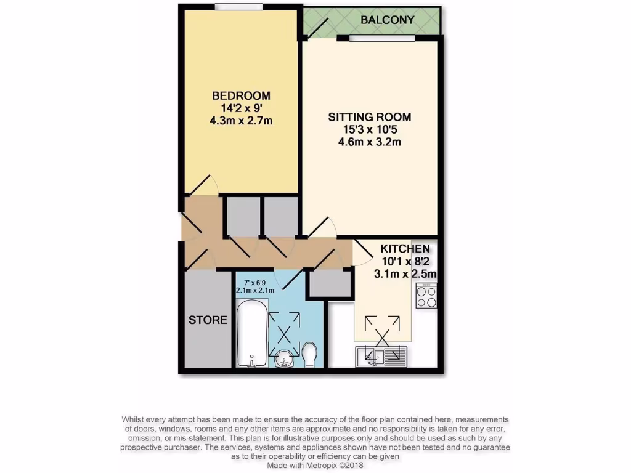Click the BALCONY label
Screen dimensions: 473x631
pos(388,20)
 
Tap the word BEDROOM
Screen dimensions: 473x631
pos(241,95)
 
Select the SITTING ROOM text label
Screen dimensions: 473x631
pos(369,117)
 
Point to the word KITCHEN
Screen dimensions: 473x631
pos(405,249)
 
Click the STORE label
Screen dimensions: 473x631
pos(208,320)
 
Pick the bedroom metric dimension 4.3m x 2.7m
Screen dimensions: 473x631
pos(241,121)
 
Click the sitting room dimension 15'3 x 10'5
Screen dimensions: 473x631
pos(369,130)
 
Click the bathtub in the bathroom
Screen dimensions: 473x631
pos(251,333)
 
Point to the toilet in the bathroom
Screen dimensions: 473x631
pos(310,355)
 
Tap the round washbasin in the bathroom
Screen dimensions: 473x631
pos(285,357)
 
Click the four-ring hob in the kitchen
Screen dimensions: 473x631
pos(426,297)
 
